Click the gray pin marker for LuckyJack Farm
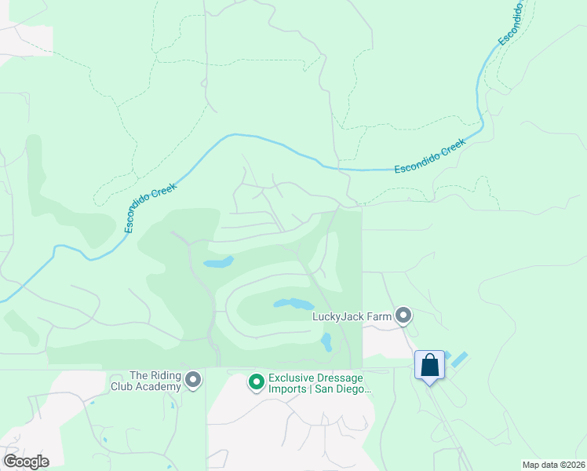(404, 316)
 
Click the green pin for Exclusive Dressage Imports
(256, 382)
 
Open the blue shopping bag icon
(429, 365)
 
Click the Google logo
(26, 462)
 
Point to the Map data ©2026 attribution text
(553, 465)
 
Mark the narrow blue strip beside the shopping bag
(458, 360)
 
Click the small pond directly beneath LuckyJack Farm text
(326, 341)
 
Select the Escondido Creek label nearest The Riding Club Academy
(151, 207)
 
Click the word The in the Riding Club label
(138, 375)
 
